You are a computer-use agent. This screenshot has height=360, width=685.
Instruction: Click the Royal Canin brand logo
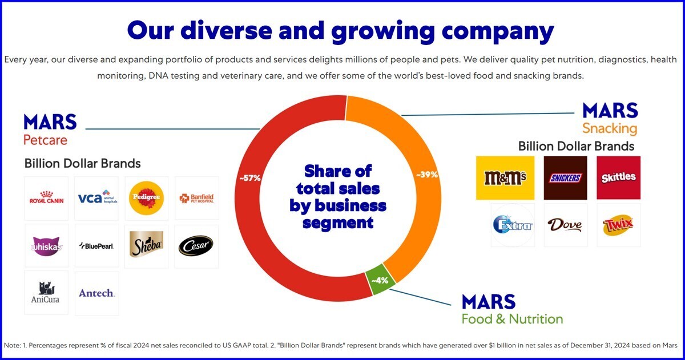(x=46, y=199)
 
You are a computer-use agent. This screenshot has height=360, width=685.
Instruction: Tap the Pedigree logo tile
(x=147, y=198)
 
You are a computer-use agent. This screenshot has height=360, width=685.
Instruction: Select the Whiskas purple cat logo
(x=46, y=246)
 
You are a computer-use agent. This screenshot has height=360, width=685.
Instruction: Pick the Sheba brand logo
(x=147, y=246)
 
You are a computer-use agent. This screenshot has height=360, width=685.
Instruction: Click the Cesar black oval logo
(x=196, y=246)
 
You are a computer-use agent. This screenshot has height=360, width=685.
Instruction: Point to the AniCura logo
(x=46, y=293)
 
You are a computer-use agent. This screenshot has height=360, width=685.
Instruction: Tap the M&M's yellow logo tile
(x=505, y=178)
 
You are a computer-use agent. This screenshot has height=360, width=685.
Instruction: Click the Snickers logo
(x=565, y=178)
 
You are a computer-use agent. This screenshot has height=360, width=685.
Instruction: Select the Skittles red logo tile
(x=618, y=178)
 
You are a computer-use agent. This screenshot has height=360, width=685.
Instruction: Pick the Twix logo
(x=618, y=225)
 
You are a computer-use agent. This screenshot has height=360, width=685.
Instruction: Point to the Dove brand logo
(x=565, y=225)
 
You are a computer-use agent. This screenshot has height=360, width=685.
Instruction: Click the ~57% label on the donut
(x=250, y=178)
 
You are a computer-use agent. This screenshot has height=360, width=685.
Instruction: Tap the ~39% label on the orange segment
(x=426, y=175)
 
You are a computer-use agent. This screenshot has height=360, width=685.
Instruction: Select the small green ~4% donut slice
(x=380, y=280)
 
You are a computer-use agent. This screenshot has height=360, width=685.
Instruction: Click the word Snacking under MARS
(x=609, y=128)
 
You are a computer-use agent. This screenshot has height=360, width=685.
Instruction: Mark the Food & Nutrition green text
(x=512, y=319)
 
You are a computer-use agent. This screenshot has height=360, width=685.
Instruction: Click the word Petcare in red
(x=45, y=140)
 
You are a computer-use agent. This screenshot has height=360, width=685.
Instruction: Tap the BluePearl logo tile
(x=96, y=246)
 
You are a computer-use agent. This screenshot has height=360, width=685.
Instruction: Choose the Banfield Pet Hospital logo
(x=196, y=199)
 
